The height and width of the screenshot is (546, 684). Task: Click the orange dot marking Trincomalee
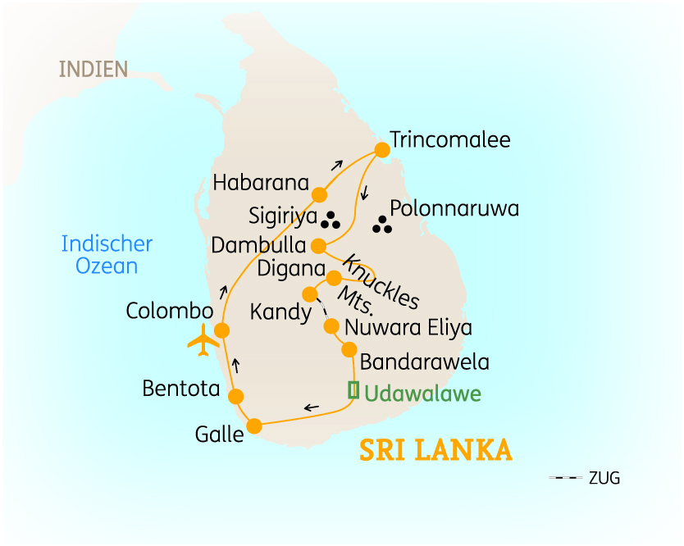[381, 150]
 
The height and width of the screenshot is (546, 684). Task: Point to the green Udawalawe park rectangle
[353, 391]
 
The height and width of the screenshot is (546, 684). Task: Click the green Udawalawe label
[422, 394]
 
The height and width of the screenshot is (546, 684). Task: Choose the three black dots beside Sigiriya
[331, 220]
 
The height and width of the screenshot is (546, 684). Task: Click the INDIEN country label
[93, 69]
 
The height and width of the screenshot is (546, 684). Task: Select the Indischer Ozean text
[107, 254]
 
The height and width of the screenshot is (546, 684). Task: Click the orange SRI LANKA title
[435, 451]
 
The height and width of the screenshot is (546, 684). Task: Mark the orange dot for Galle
[254, 425]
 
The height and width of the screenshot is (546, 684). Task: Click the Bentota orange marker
[236, 397]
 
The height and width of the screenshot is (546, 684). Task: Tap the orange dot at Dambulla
[319, 245]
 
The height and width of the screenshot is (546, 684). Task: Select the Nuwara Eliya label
[408, 328]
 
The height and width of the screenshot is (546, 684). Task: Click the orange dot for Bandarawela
[349, 350]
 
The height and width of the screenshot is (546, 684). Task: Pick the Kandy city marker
[310, 293]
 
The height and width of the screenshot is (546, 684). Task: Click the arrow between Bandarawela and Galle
[312, 407]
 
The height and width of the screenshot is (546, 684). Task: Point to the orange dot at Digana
[334, 278]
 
